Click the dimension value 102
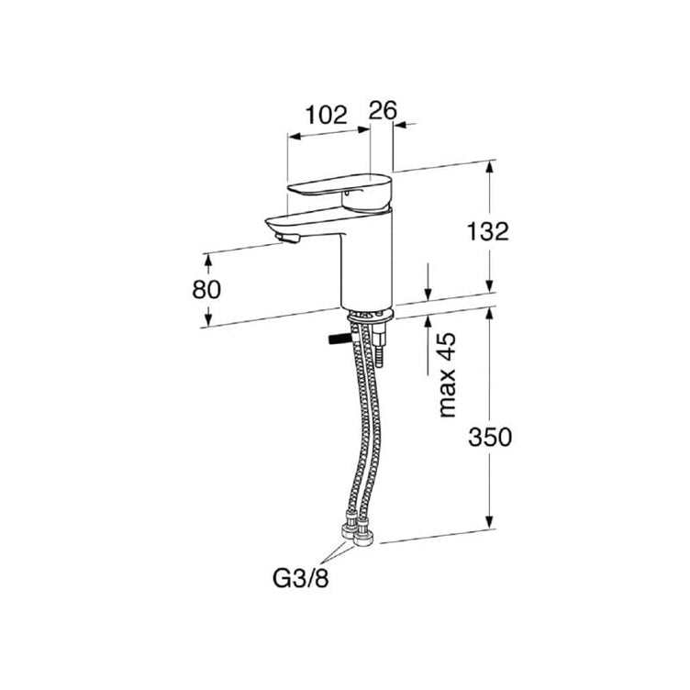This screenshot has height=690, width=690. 326,116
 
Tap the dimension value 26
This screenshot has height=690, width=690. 383,110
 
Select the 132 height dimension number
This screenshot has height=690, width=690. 487,231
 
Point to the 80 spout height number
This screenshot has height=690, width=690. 206,290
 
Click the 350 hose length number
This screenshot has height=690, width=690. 490,437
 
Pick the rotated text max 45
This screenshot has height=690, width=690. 447,375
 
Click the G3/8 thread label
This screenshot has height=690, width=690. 301,578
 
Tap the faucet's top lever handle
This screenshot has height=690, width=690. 339,192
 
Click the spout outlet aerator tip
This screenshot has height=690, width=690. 287,238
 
